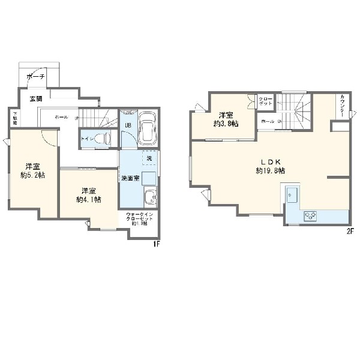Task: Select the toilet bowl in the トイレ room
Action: [x=103, y=138]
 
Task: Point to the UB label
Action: [x=127, y=125]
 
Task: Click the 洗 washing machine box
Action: [x=148, y=158]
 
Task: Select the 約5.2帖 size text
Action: [x=33, y=175]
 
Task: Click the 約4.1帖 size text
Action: [x=88, y=199]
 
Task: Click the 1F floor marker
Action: [x=155, y=244]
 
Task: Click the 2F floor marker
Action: [x=348, y=230]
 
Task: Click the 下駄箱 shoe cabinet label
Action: [x=14, y=118]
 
